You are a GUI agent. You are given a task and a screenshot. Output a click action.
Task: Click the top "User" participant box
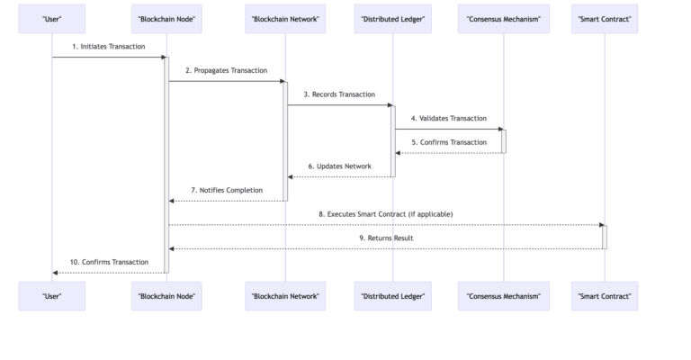[x=52, y=19]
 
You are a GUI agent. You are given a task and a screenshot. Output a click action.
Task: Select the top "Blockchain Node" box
[x=166, y=19]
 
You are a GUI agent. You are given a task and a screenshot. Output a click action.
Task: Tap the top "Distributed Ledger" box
[x=393, y=19]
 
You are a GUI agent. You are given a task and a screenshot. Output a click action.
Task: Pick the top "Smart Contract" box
[x=605, y=19]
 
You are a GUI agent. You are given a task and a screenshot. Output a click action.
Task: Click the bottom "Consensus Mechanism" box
[x=504, y=295]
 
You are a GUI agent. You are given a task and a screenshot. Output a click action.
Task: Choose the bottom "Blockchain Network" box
[x=285, y=295]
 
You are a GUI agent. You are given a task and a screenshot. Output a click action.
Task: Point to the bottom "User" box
[x=52, y=295]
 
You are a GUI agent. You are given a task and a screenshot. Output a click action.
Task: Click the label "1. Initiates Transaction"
[x=109, y=46]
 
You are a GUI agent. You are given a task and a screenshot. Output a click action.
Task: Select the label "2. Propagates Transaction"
[x=226, y=70]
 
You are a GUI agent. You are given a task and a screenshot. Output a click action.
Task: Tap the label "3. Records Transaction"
[x=339, y=94]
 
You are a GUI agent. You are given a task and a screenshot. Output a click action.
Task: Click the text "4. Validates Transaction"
[x=448, y=118]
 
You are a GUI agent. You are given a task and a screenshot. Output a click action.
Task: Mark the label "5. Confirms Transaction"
[x=448, y=142]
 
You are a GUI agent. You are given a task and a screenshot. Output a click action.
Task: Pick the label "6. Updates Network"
[x=339, y=166]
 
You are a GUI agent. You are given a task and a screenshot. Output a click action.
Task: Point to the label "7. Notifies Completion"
[x=226, y=190]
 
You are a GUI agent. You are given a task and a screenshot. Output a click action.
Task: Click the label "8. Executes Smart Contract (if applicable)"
[x=385, y=214]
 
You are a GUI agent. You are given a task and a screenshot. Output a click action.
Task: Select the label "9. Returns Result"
[x=385, y=238]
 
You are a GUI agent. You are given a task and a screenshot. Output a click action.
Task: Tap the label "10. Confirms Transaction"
[x=109, y=262]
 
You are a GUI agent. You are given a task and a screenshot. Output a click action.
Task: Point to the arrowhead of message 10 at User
[x=56, y=272]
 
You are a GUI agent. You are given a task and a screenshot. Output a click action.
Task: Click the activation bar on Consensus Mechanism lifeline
[x=504, y=141]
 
